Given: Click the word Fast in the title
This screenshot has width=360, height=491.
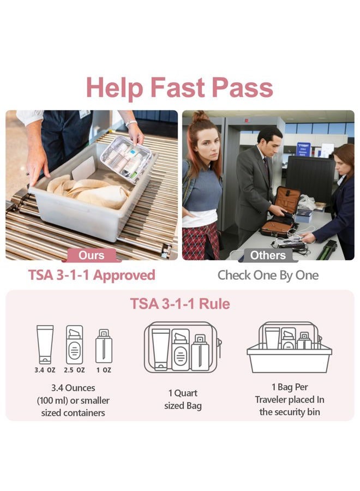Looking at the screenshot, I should [x=179, y=87].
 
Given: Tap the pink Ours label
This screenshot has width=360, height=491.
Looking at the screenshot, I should [x=91, y=255].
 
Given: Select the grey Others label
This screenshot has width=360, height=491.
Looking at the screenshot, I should [x=268, y=255].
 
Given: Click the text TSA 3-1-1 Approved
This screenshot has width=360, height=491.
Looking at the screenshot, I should [x=92, y=274].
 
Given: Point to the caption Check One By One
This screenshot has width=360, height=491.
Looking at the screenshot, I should [x=268, y=275].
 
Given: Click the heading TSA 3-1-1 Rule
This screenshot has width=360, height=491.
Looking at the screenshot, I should [x=180, y=303].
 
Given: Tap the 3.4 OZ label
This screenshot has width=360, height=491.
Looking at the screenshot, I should [x=45, y=370].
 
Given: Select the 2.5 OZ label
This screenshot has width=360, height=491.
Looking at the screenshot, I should [x=74, y=370].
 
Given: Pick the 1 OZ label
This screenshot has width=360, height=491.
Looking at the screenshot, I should [x=104, y=370].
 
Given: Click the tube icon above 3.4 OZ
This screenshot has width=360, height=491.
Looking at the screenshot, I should [x=45, y=344].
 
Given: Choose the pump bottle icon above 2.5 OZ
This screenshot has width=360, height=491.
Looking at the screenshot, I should [x=74, y=345].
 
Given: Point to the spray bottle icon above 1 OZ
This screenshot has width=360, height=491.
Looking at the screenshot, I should [x=104, y=346].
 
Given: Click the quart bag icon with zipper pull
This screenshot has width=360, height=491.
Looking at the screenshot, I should [x=182, y=348].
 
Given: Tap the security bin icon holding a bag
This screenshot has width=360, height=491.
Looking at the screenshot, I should [x=289, y=348].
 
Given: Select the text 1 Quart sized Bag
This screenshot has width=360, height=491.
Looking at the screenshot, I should [x=183, y=399].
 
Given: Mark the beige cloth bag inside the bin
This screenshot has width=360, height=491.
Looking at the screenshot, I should [x=87, y=192].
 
